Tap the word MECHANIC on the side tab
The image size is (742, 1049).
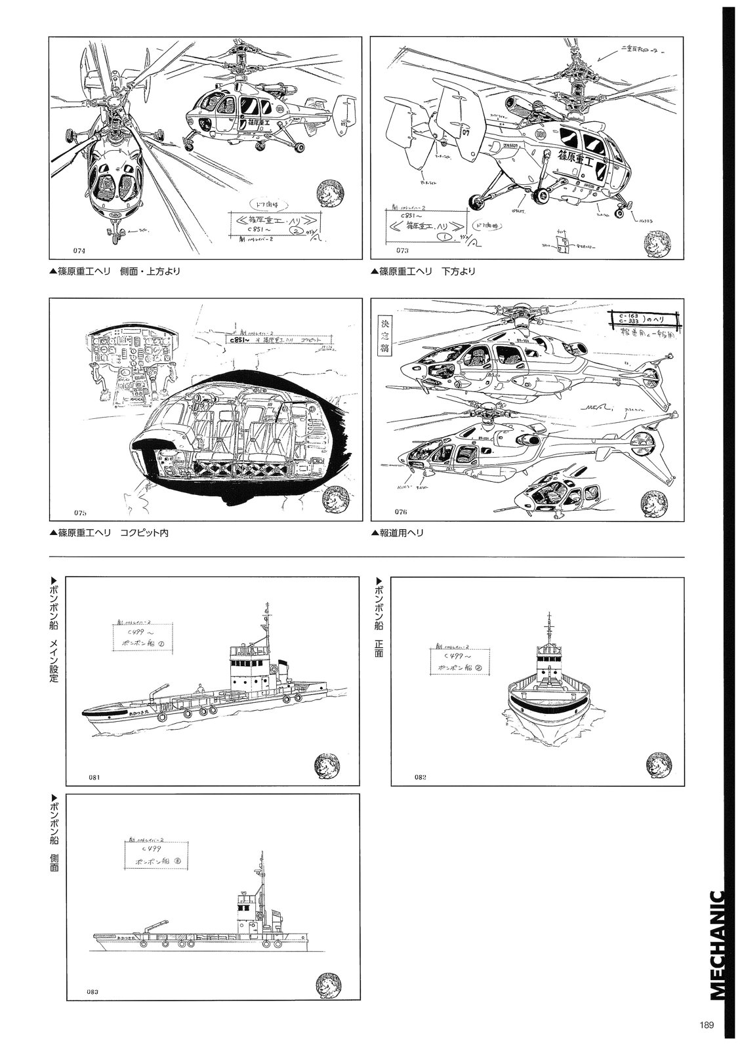click(717, 944)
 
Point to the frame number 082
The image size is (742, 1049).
click(421, 777)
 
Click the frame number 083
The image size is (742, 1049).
click(93, 992)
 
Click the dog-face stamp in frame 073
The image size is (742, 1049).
click(660, 239)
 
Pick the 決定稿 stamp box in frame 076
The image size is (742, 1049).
click(385, 335)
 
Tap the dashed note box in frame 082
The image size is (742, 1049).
click(463, 660)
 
